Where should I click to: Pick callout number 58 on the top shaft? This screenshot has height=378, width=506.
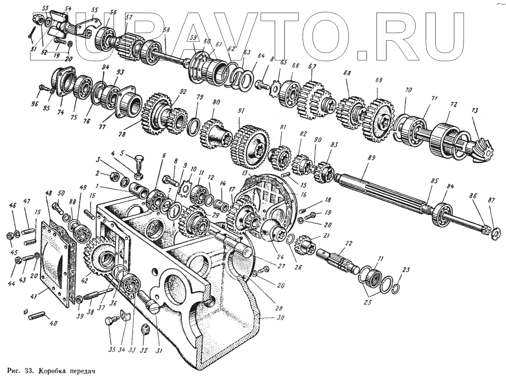coord(166,30)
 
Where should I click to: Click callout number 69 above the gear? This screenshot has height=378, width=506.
coord(379,80)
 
